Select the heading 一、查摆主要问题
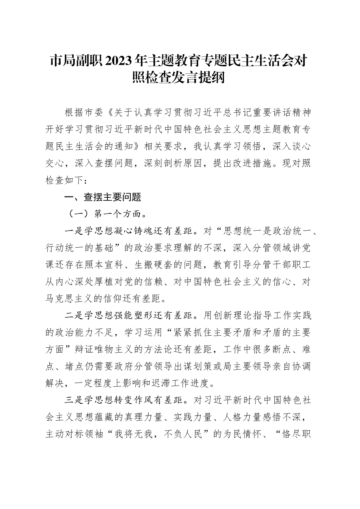103,197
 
